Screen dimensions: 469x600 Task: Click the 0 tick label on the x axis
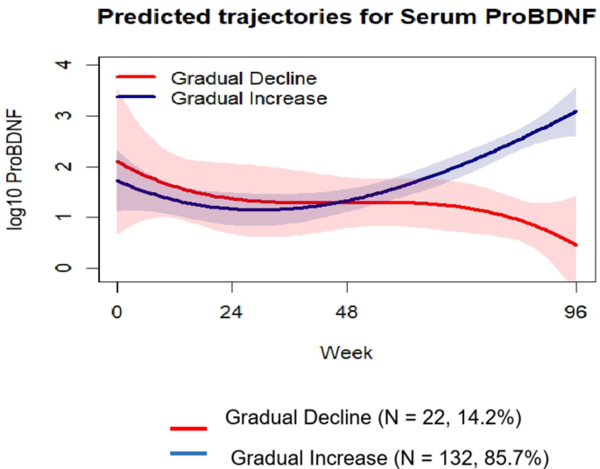tap(117, 312)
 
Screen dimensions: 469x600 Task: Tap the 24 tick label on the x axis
tap(232, 312)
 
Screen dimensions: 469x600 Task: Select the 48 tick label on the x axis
tap(348, 312)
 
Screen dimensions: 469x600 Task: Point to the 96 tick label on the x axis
tap(575, 312)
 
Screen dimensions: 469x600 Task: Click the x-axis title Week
tap(346, 352)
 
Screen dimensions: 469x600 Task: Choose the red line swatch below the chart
tap(187, 428)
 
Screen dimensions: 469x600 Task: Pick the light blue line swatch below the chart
tap(187, 453)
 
